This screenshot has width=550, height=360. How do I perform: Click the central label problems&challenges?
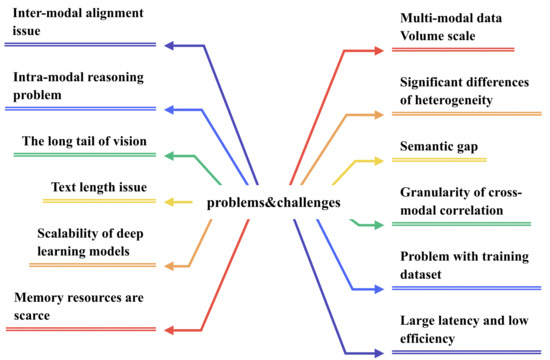point(272,203)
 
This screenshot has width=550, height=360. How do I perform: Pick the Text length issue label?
point(98,186)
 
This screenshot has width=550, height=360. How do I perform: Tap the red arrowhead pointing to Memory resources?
point(169,330)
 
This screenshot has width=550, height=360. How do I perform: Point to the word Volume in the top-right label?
point(422,36)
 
